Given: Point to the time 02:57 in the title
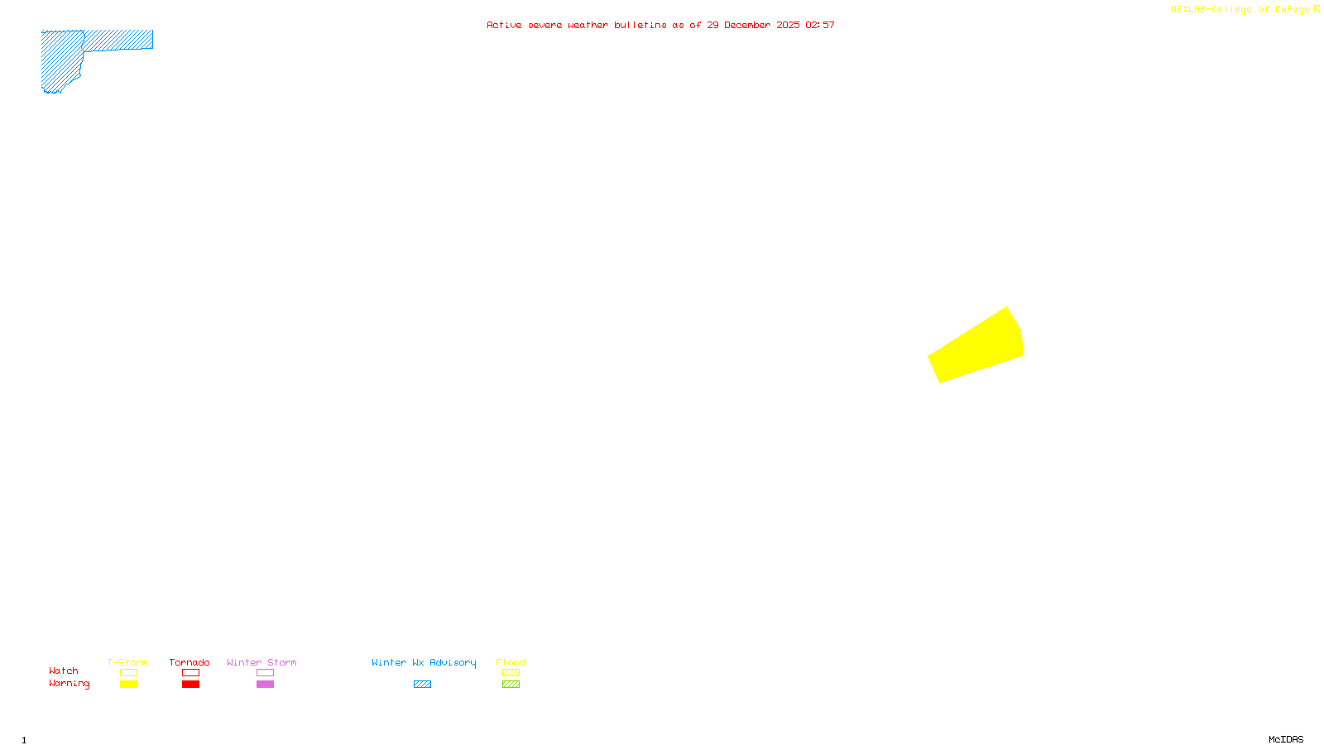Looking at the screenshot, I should coord(819,25).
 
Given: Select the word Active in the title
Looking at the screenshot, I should coord(504,25).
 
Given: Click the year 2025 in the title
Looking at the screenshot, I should coord(788,25).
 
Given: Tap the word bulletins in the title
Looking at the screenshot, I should coord(640,25).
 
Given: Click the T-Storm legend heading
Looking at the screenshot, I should coord(127,662).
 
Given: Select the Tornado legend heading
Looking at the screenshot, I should coord(189,662).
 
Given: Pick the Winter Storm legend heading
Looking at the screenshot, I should coord(261,662).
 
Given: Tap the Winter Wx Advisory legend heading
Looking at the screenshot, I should coord(424,662).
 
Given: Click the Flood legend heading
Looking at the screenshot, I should coord(511,662).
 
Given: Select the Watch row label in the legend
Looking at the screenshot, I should coord(64,670).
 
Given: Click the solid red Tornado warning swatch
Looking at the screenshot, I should coord(191,685).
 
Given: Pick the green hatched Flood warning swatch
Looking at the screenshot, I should coord(511,685).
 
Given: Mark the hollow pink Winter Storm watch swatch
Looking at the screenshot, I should coord(266,673).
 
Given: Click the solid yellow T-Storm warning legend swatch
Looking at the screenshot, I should coord(128,685).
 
